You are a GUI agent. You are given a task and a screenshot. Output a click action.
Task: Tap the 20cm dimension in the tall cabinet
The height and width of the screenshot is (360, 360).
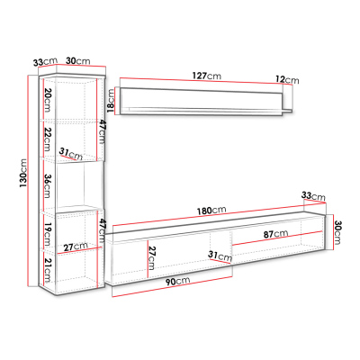tap(48, 99)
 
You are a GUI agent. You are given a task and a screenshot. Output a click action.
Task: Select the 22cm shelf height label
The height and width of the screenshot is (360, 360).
tap(48, 139)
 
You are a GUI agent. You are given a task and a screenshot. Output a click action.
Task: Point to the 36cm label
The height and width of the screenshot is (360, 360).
tap(48, 186)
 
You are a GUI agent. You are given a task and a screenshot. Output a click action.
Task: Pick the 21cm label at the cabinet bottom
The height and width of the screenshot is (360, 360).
tap(48, 270)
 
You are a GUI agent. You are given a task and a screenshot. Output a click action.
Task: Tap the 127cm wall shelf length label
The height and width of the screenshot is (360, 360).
tap(207, 76)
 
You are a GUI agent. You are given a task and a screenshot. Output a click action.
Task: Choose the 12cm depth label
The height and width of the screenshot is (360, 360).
tap(287, 80)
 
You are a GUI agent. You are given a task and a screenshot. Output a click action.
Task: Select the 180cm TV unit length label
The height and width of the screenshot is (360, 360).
tap(211, 211)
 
